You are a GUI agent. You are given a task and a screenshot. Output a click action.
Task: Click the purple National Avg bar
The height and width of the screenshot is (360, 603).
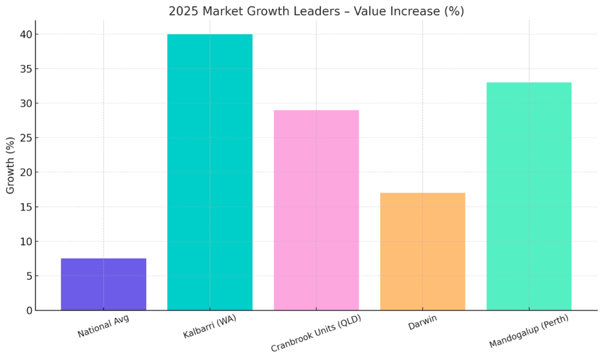click(104, 284)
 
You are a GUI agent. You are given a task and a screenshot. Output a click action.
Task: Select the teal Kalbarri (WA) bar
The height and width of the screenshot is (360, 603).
click(210, 172)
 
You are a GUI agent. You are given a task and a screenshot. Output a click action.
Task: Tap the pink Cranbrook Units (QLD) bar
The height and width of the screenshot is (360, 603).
click(316, 210)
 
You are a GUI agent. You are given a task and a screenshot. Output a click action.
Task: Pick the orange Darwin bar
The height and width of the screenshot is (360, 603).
click(422, 251)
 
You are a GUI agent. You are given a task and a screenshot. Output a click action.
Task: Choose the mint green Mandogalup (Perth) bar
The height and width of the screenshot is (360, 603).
click(529, 196)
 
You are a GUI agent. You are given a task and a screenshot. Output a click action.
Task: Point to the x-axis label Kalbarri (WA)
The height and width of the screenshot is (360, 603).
click(209, 328)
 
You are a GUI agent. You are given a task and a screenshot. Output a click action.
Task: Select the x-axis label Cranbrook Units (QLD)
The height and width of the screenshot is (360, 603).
click(316, 333)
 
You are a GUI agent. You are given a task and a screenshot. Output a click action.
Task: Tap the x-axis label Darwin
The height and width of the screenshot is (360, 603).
click(422, 323)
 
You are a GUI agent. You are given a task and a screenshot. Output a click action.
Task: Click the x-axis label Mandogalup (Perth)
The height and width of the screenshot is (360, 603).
click(528, 332)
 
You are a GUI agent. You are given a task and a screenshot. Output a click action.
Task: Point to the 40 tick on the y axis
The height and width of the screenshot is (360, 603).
click(25, 35)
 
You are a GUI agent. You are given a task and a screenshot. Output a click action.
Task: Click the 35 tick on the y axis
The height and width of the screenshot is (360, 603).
click(25, 69)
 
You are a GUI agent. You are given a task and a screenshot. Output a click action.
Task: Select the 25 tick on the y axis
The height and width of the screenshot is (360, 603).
click(25, 138)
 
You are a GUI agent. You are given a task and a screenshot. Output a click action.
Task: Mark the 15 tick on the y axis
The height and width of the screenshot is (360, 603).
click(25, 207)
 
